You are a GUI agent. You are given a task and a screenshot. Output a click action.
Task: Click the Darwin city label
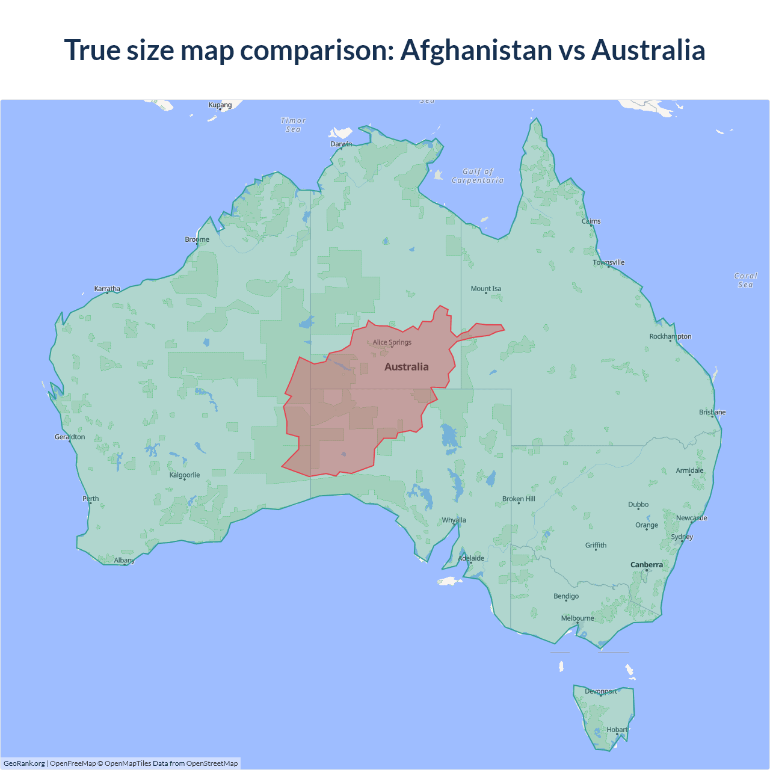[341, 144]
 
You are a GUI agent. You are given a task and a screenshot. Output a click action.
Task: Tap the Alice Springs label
[392, 342]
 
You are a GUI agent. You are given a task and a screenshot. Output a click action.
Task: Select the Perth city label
[91, 499]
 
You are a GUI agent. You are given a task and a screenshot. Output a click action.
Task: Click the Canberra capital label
[647, 565]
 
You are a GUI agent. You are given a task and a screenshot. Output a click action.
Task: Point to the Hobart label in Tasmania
[617, 730]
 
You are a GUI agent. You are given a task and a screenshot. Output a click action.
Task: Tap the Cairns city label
[591, 221]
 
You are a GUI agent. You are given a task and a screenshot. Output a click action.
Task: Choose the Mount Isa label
[486, 289]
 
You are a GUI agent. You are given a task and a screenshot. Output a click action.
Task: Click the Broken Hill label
[519, 499]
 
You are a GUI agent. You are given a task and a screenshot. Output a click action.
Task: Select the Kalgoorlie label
[185, 475]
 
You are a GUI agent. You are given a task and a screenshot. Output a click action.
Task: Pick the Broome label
[197, 239]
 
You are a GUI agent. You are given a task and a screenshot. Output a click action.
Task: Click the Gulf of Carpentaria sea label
[478, 176]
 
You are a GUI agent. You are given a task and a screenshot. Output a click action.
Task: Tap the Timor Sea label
[294, 125]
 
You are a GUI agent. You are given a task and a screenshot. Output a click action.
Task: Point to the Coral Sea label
[745, 280]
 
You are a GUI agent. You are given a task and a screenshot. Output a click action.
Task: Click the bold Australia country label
[407, 367]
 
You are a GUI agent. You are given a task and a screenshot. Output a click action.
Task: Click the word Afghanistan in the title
[476, 50]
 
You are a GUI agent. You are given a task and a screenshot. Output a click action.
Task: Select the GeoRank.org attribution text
[24, 763]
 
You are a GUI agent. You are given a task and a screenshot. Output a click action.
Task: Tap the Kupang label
[220, 105]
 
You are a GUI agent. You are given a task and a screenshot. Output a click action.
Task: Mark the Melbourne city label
[577, 618]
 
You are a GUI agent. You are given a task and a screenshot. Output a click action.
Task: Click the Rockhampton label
[670, 336]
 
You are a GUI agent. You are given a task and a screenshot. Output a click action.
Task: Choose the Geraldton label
[70, 437]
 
